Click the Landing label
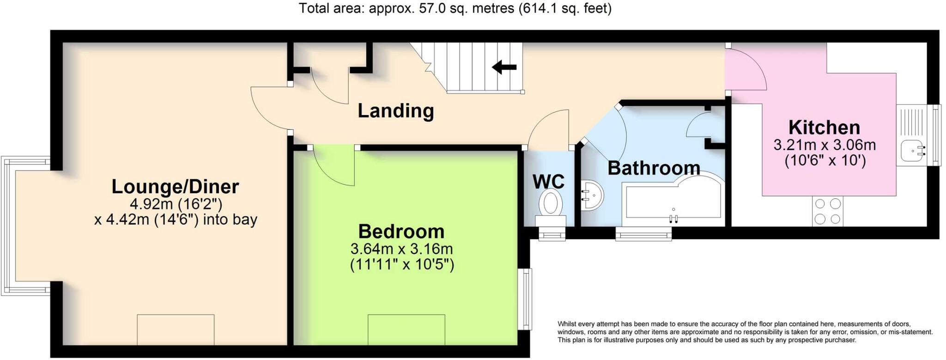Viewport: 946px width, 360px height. coord(396,111)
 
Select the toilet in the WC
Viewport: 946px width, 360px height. coord(550,204)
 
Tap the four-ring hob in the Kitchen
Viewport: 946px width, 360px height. coord(828,211)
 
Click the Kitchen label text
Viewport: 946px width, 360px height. coord(824,128)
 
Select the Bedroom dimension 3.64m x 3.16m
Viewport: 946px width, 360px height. coord(401,249)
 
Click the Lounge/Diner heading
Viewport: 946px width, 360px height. coord(175,187)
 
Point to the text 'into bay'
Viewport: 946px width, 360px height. coord(230,220)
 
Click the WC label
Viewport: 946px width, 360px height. coord(548,182)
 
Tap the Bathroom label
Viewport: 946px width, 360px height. coord(654,168)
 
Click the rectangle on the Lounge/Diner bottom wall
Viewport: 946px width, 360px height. coord(176,329)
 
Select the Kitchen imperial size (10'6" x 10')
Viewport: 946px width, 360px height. coord(825,161)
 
